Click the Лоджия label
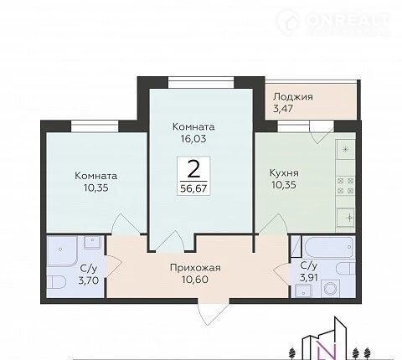pyautogui.click(x=293, y=97)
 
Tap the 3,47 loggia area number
pyautogui.click(x=283, y=109)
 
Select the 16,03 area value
pyautogui.click(x=193, y=139)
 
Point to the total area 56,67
pyautogui.click(x=193, y=188)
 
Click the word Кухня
pyautogui.click(x=284, y=173)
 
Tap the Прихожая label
pyautogui.click(x=195, y=268)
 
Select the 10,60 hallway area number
pyautogui.click(x=195, y=280)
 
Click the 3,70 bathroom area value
pyautogui.click(x=89, y=280)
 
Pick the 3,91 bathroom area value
pyautogui.click(x=309, y=277)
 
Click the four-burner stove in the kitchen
pyautogui.click(x=346, y=186)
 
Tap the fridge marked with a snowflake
pyautogui.click(x=346, y=149)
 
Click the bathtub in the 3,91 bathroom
pyautogui.click(x=328, y=247)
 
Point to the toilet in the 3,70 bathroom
pyautogui.click(x=56, y=282)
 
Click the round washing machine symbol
pyautogui.click(x=330, y=288)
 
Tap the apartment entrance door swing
pyautogui.click(x=214, y=311)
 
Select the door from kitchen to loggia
pyautogui.click(x=322, y=132)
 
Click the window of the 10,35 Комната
pyautogui.click(x=95, y=126)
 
